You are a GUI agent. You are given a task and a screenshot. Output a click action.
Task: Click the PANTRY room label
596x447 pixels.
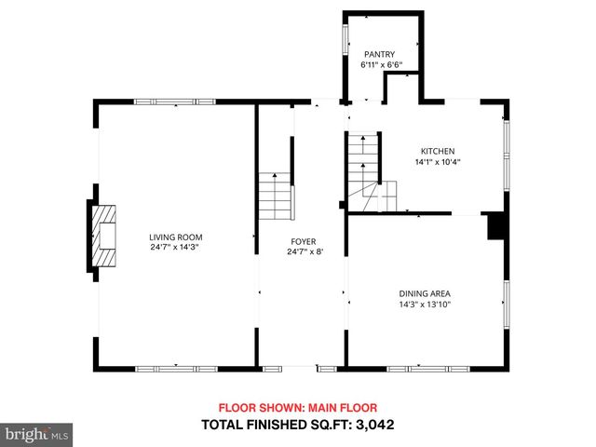pyautogui.click(x=379, y=54)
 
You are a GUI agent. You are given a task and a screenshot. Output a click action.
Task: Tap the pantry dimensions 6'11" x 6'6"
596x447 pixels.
pyautogui.click(x=381, y=65)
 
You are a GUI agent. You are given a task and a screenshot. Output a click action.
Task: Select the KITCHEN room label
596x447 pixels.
pyautogui.click(x=437, y=151)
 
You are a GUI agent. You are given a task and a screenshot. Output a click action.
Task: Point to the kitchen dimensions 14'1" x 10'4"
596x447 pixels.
pyautogui.click(x=438, y=162)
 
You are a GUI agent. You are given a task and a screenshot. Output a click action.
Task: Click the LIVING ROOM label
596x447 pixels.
pyautogui.click(x=176, y=237)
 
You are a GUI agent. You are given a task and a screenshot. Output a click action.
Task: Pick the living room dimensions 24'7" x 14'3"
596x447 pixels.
pyautogui.click(x=176, y=248)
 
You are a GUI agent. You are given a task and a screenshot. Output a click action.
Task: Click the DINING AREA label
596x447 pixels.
pyautogui.click(x=425, y=293)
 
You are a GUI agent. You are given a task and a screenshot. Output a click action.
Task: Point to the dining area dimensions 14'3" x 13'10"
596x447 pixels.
pyautogui.click(x=426, y=305)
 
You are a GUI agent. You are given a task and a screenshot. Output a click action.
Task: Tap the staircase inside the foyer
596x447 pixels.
pyautogui.click(x=276, y=195)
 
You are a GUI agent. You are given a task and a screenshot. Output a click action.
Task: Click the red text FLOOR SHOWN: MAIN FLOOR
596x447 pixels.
pyautogui.click(x=297, y=408)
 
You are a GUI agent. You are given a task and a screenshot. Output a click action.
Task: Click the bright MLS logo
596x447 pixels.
pyautogui.click(x=37, y=434)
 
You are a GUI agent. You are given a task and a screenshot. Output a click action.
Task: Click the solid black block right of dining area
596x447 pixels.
pyautogui.click(x=496, y=227)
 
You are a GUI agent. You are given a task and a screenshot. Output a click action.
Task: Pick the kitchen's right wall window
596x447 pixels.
pyautogui.click(x=507, y=149)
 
